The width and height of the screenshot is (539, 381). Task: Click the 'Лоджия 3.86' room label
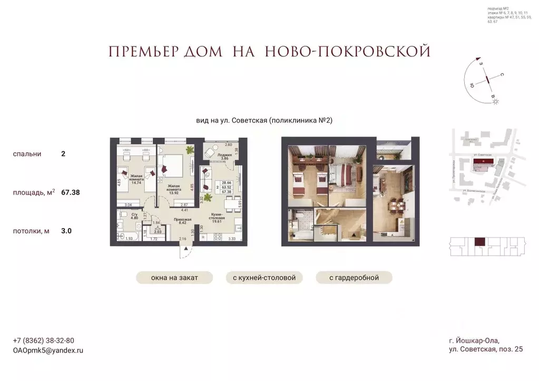coord(224,156)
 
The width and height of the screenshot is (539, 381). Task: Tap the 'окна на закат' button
coord(174,278)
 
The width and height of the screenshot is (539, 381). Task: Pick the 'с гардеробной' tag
coord(355,278)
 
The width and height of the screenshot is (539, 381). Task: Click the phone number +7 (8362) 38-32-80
coord(43,340)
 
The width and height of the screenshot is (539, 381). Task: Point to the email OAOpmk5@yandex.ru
coord(48,350)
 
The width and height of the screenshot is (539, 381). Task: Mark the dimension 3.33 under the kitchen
coord(231,239)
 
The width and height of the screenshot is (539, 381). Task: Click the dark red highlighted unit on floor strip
coord(480,243)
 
